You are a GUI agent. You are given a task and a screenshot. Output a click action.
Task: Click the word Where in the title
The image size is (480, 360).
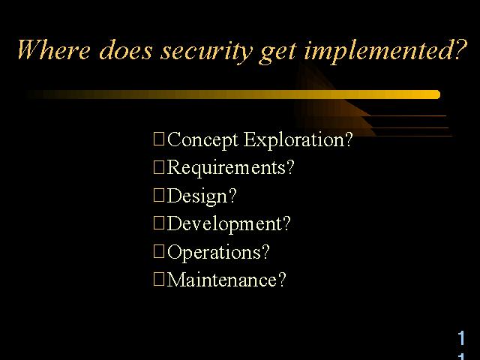(54, 49)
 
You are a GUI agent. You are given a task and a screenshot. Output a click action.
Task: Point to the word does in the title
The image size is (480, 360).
(126, 49)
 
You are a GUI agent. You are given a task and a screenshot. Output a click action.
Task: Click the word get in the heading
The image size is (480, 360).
(277, 52)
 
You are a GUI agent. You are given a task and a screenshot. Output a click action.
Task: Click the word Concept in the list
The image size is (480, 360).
(202, 140)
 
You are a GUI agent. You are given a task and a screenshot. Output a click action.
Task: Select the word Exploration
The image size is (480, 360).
(295, 140)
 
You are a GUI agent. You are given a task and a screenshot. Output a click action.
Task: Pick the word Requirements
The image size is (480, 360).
(226, 168)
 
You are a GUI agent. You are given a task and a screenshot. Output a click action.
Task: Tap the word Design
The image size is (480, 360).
(197, 196)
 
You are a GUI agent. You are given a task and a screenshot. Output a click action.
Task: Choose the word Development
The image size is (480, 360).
(224, 223)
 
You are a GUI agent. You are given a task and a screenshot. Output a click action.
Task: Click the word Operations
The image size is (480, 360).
(214, 252)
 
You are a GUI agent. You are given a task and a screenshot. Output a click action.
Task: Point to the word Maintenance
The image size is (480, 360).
(222, 280)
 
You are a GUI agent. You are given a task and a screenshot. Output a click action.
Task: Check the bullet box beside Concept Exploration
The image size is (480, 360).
(159, 139)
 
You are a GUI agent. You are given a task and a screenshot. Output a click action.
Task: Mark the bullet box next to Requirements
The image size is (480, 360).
(159, 167)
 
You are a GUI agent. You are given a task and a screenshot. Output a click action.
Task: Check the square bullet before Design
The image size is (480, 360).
(159, 195)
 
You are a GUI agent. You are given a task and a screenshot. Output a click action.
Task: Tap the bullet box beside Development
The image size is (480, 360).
(159, 223)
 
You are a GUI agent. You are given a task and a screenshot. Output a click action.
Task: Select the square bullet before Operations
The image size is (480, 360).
(159, 251)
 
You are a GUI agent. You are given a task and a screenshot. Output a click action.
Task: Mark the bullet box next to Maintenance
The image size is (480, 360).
(159, 279)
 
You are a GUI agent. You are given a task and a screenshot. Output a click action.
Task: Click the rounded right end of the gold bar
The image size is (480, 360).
(438, 94)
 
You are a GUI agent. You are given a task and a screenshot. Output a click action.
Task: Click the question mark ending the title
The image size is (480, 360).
(460, 49)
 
